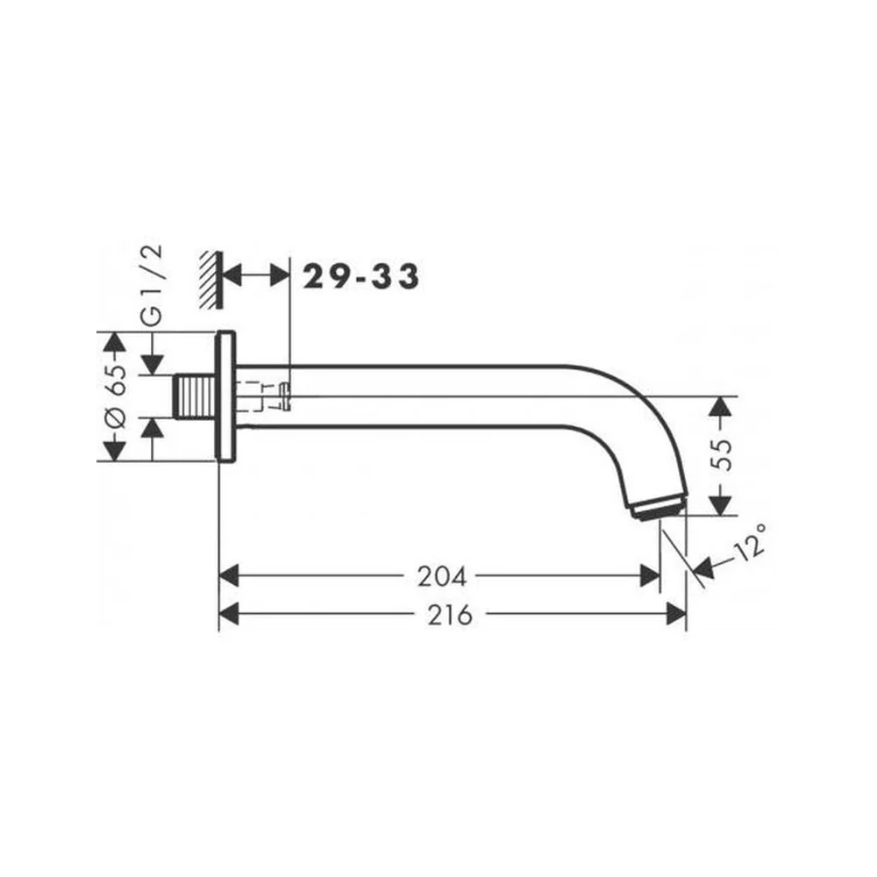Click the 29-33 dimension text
pyautogui.click(x=360, y=276)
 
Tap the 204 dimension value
pyautogui.click(x=441, y=577)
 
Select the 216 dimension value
pyautogui.click(x=450, y=616)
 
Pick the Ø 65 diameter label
pyautogui.click(x=117, y=396)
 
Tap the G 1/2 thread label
pyautogui.click(x=152, y=285)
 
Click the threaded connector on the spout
pyautogui.click(x=195, y=396)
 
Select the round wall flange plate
pyautogui.click(x=226, y=396)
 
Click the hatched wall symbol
pyautogui.click(x=212, y=279)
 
